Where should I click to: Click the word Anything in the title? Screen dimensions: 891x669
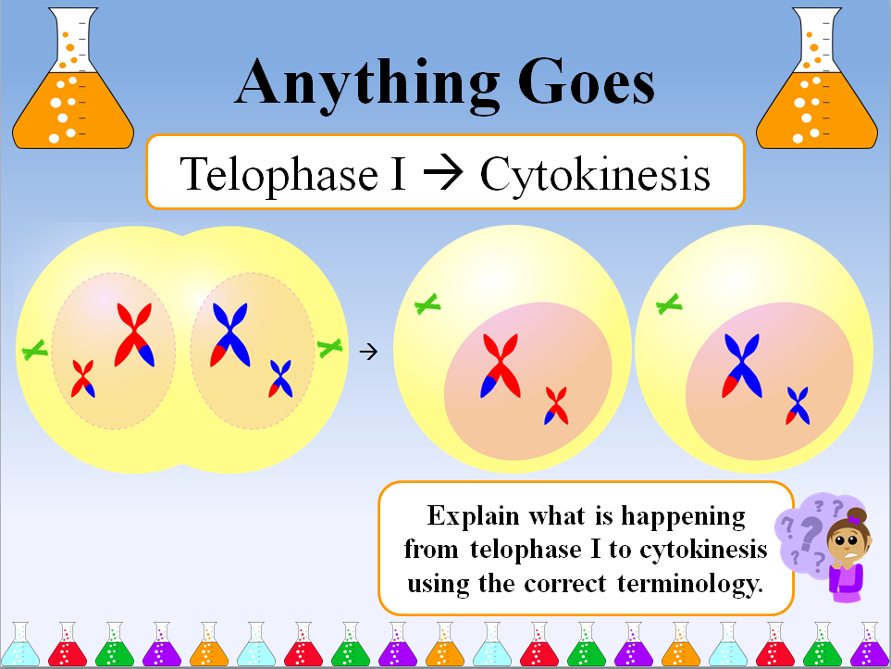pos(367,85)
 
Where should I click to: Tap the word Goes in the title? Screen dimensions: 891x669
pos(586,81)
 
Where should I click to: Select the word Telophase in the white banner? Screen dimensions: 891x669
pos(279,173)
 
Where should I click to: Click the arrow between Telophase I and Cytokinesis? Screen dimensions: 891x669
pos(443,172)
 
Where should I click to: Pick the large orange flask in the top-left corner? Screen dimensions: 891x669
pos(73,78)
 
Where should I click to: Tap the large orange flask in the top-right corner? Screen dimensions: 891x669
pos(817,78)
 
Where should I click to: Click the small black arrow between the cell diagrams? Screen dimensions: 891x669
pos(368,352)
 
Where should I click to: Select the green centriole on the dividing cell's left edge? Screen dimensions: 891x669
pos(34,350)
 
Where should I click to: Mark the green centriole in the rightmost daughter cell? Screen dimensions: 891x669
pos(669,304)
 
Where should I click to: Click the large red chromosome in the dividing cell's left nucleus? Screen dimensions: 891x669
pos(134,335)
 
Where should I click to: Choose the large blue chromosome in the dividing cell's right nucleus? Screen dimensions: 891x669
pos(230,335)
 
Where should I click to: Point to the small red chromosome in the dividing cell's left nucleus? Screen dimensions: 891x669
pos(83,378)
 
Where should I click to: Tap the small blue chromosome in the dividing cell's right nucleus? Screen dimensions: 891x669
pos(280,378)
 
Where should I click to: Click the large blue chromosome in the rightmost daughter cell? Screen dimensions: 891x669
pos(742,365)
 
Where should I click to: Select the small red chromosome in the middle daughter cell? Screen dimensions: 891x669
pos(556,406)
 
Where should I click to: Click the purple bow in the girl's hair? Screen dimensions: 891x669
pos(854,519)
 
